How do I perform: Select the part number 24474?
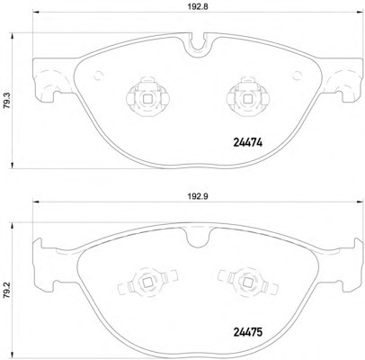point(247,143)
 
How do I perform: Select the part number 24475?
point(247,332)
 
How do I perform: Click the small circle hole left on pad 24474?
point(98,76)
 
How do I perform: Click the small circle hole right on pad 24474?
point(298,76)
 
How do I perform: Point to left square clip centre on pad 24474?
point(147,99)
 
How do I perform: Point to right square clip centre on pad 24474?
point(247,99)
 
